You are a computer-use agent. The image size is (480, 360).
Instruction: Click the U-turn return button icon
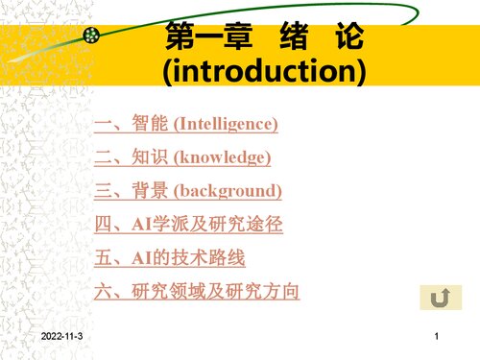pos(439,299)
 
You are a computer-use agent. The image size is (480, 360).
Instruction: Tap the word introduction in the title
pos(264,71)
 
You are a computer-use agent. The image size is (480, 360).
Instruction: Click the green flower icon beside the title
pos(93,37)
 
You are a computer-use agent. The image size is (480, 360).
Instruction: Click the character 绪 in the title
pos(290,39)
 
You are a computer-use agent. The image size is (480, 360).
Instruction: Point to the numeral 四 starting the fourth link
pos(106,225)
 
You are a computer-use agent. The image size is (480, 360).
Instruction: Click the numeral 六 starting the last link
pos(106,291)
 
